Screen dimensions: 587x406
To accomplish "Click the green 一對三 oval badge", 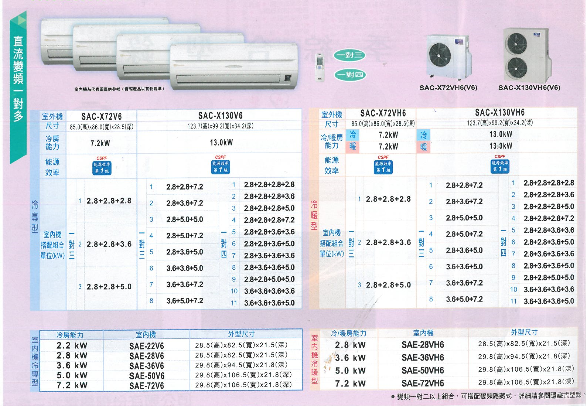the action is coord(349,55).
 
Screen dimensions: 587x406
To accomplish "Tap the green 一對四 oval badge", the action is coord(350,75).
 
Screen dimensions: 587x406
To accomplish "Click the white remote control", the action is coord(320,67).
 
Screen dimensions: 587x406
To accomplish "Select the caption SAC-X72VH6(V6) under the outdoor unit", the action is coord(448,88).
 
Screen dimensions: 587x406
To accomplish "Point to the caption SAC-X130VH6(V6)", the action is coord(529,88).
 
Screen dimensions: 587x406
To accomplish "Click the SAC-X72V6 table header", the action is coord(102,116).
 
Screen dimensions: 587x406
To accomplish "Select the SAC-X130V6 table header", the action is coord(221,116).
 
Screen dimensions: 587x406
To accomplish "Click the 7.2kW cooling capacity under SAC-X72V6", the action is coord(100,143).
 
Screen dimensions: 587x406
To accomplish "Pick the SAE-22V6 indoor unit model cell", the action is coord(147,346).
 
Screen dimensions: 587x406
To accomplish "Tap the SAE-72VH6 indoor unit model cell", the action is coord(423,383).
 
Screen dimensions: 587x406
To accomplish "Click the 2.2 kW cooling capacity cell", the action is coord(72,345).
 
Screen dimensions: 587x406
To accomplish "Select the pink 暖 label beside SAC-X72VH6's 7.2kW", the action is coord(352,147).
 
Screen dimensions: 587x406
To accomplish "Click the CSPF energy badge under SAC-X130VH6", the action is coord(500,164).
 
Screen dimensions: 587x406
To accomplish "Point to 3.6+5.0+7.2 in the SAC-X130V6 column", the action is coord(185,301).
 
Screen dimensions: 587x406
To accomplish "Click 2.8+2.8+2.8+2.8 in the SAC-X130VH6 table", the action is coord(549,183).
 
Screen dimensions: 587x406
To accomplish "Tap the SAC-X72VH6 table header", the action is coord(383,113).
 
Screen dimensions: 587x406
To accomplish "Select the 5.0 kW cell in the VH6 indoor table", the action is coord(350,371).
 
